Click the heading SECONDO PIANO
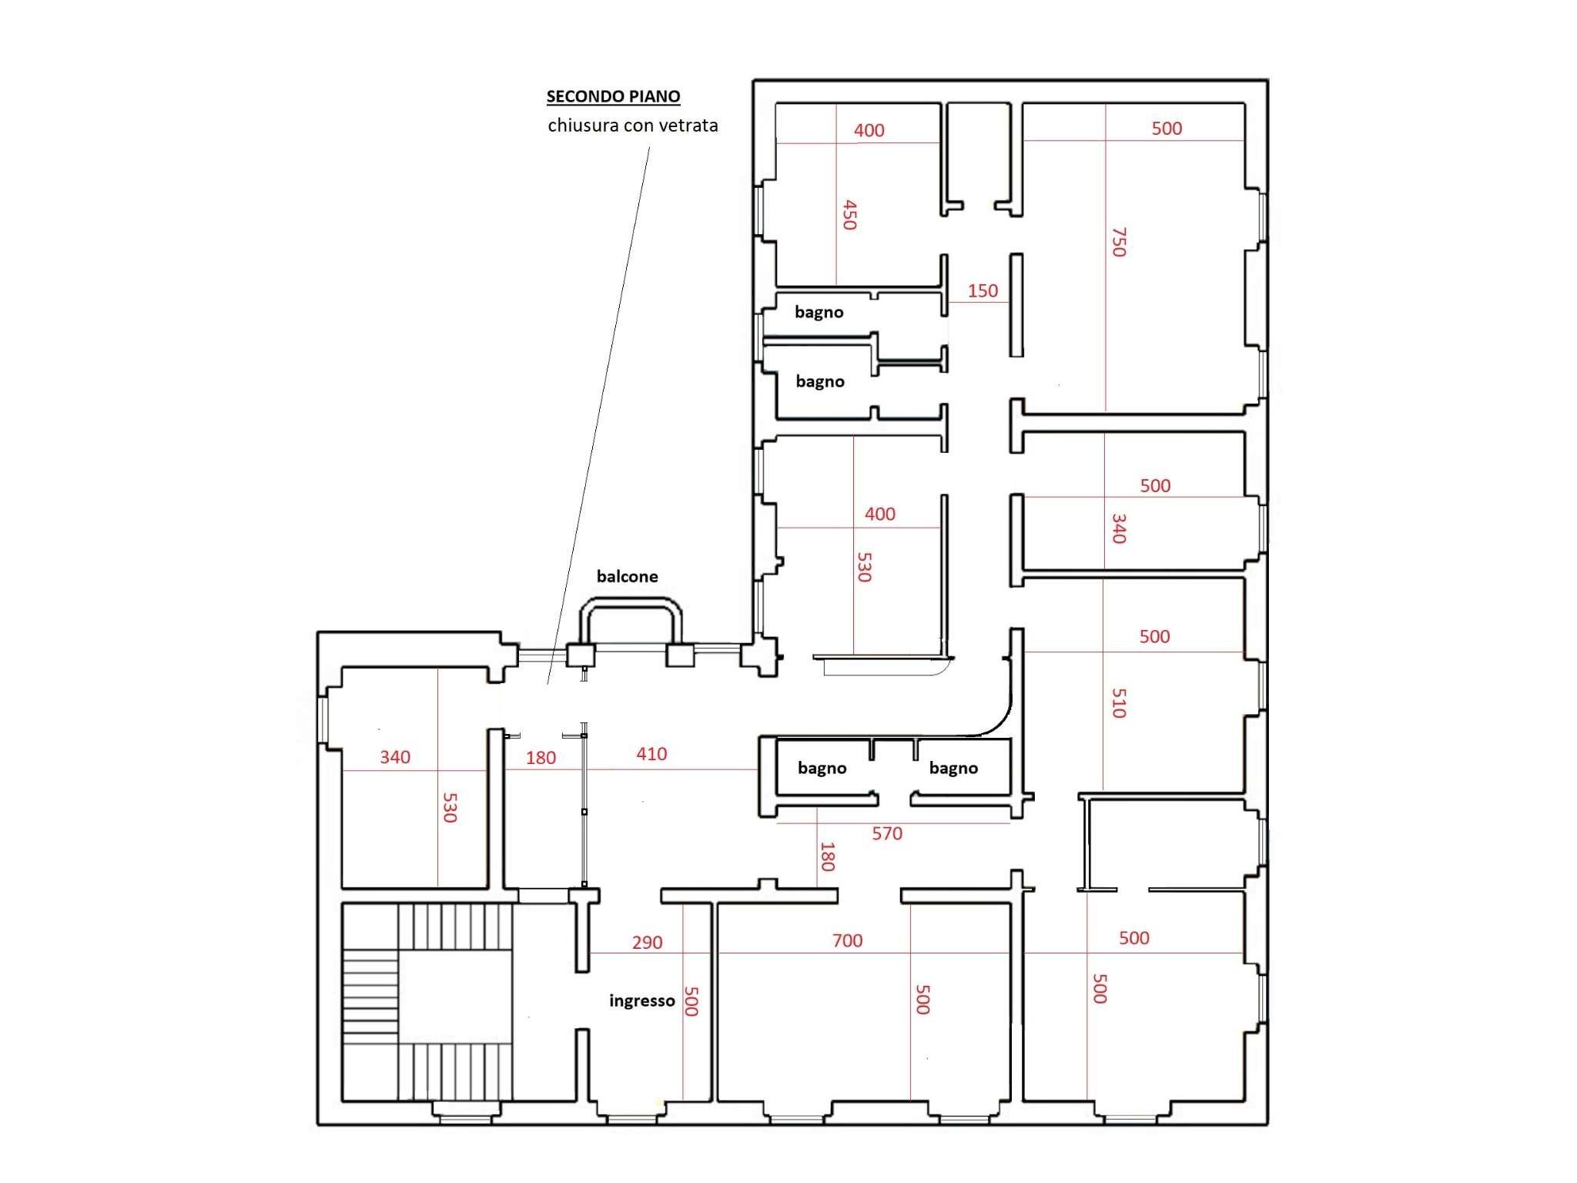[613, 96]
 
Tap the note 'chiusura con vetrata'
[632, 125]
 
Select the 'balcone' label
[627, 576]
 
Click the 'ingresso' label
[641, 1000]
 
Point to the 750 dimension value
[1119, 242]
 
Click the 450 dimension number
[849, 215]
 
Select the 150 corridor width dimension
[983, 290]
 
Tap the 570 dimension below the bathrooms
[886, 833]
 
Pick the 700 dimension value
[847, 940]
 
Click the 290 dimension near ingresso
[647, 942]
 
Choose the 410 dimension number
[651, 754]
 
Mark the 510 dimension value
[1119, 702]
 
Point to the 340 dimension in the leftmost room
[395, 757]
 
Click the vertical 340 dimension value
[1119, 528]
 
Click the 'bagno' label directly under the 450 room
[819, 312]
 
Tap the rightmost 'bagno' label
[953, 768]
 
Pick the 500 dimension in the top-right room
[1167, 129]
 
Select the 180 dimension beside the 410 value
[541, 757]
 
